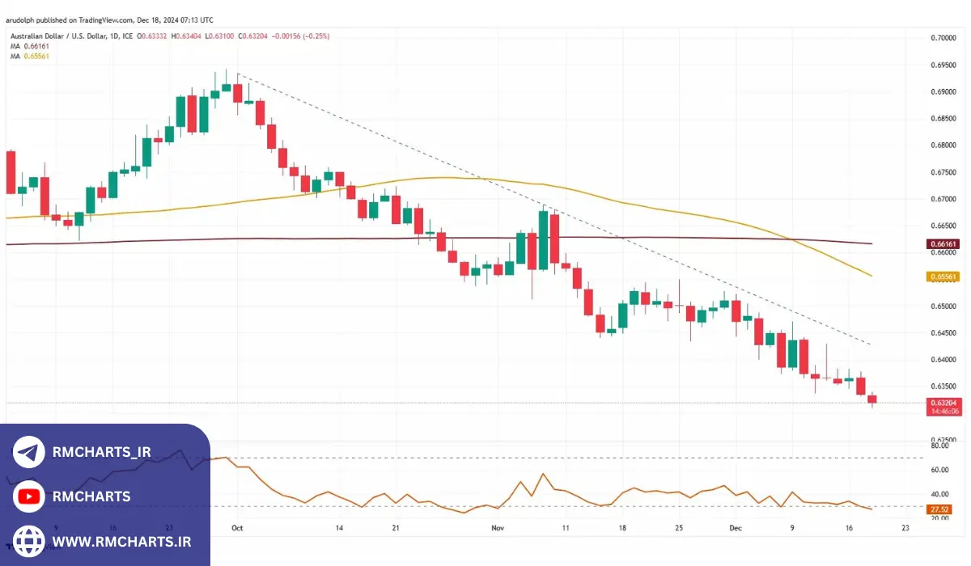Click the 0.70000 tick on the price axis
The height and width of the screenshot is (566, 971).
(943, 38)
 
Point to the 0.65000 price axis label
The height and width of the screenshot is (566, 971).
(943, 306)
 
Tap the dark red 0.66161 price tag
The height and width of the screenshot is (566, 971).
(943, 243)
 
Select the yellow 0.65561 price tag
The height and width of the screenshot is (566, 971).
(943, 277)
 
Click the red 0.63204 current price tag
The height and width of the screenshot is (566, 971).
(944, 403)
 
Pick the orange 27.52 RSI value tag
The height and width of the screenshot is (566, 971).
(939, 510)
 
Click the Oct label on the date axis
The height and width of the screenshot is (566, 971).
(237, 527)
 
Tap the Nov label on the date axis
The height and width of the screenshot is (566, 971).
(498, 527)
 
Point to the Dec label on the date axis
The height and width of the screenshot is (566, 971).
(735, 527)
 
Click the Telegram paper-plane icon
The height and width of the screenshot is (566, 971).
(29, 453)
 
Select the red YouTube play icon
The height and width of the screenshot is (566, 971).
(29, 496)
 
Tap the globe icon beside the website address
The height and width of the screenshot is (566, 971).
(29, 540)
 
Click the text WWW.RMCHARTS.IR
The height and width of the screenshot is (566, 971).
(121, 540)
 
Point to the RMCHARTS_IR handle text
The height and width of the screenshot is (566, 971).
(101, 453)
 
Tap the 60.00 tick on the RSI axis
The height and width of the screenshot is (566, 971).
(939, 470)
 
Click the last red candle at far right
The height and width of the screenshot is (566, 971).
(872, 399)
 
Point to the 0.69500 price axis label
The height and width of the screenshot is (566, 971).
(943, 65)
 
